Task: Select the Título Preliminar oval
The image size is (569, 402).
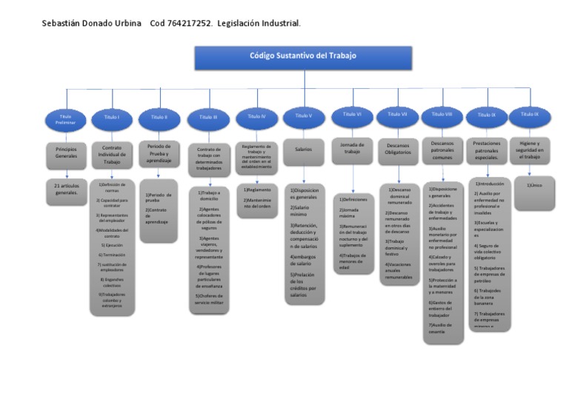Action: click(x=65, y=118)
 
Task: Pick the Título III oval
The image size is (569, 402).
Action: click(x=209, y=117)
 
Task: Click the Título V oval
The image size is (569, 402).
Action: click(x=303, y=116)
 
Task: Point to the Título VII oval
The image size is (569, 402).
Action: click(x=398, y=115)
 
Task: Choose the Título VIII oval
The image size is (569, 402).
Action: click(x=442, y=115)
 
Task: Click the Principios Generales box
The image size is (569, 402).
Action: click(x=66, y=153)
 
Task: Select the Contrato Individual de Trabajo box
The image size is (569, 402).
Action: click(x=112, y=155)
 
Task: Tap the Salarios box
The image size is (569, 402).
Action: click(x=303, y=150)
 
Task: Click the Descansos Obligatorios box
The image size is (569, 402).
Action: click(x=398, y=149)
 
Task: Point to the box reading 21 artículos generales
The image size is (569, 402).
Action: click(x=66, y=190)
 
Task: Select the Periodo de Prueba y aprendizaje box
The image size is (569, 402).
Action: click(x=159, y=153)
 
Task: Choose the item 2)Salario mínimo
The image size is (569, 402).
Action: click(x=302, y=212)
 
